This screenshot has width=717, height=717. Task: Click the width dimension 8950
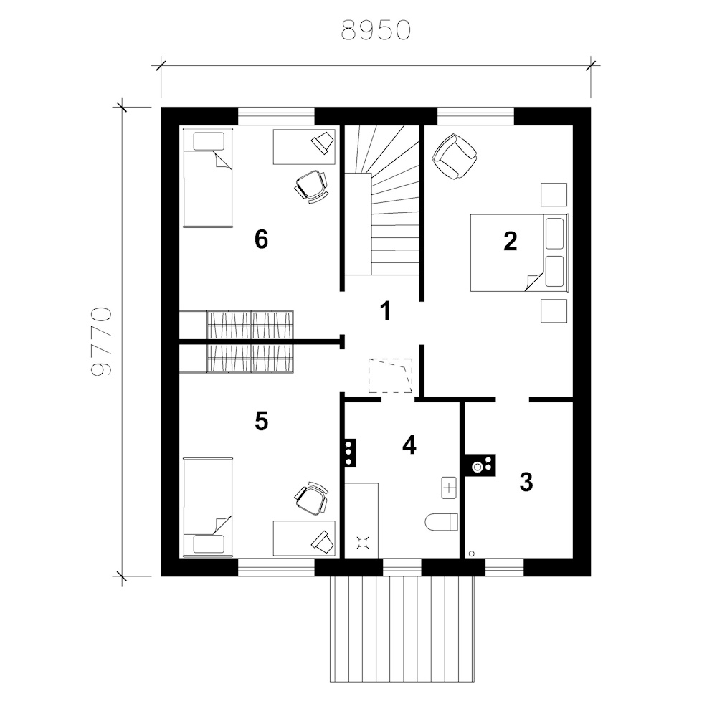coord(376,30)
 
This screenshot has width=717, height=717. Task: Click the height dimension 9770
coord(101,341)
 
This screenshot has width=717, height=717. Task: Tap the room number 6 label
coord(261,239)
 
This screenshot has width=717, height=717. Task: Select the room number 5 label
coord(261,421)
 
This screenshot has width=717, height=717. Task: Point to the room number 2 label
coord(511,241)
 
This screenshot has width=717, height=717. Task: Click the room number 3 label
coord(526,482)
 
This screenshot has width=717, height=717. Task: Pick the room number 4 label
coord(409,445)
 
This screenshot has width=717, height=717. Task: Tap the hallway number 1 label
coord(386,311)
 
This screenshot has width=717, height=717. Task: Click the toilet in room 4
coord(441,522)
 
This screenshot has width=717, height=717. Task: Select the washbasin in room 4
coord(450,488)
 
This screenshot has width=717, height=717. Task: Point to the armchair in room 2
coord(455,156)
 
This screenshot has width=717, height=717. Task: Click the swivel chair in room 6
coord(311,186)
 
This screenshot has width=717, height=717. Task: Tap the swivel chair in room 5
coord(311,499)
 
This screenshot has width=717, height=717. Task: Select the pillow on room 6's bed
coord(209,141)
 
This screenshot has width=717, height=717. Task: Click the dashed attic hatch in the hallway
coord(391,376)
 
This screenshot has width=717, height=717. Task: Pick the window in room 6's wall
coord(276,116)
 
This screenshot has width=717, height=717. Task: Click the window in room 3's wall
coord(504,567)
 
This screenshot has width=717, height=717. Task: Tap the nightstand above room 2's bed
coord(554,195)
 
